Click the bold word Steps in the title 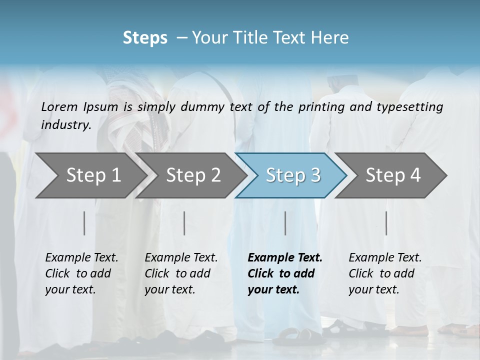tap(145, 38)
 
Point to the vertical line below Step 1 tap(84, 223)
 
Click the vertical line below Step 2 tap(184, 223)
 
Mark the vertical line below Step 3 tap(285, 223)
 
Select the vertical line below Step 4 tap(386, 223)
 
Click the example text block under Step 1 tap(81, 273)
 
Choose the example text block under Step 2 tap(181, 273)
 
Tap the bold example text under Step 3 tap(285, 273)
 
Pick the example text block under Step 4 tap(385, 273)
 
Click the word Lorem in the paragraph tap(59, 106)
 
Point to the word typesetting tap(411, 106)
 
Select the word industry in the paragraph tap(65, 125)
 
